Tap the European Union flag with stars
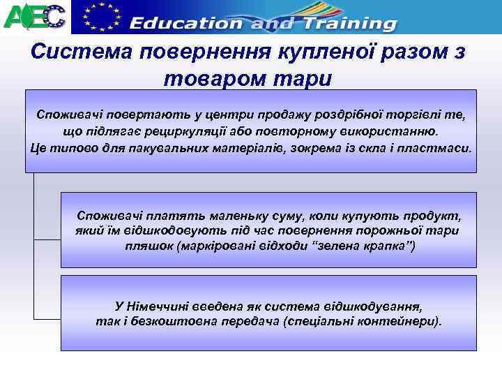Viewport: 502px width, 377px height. (98, 17)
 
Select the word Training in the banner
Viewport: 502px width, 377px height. (343, 22)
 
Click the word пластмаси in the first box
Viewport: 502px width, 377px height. (439, 149)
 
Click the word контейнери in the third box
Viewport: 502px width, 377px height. (399, 322)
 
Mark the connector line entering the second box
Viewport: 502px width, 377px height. (47, 238)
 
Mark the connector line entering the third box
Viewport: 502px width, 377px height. (47, 312)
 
